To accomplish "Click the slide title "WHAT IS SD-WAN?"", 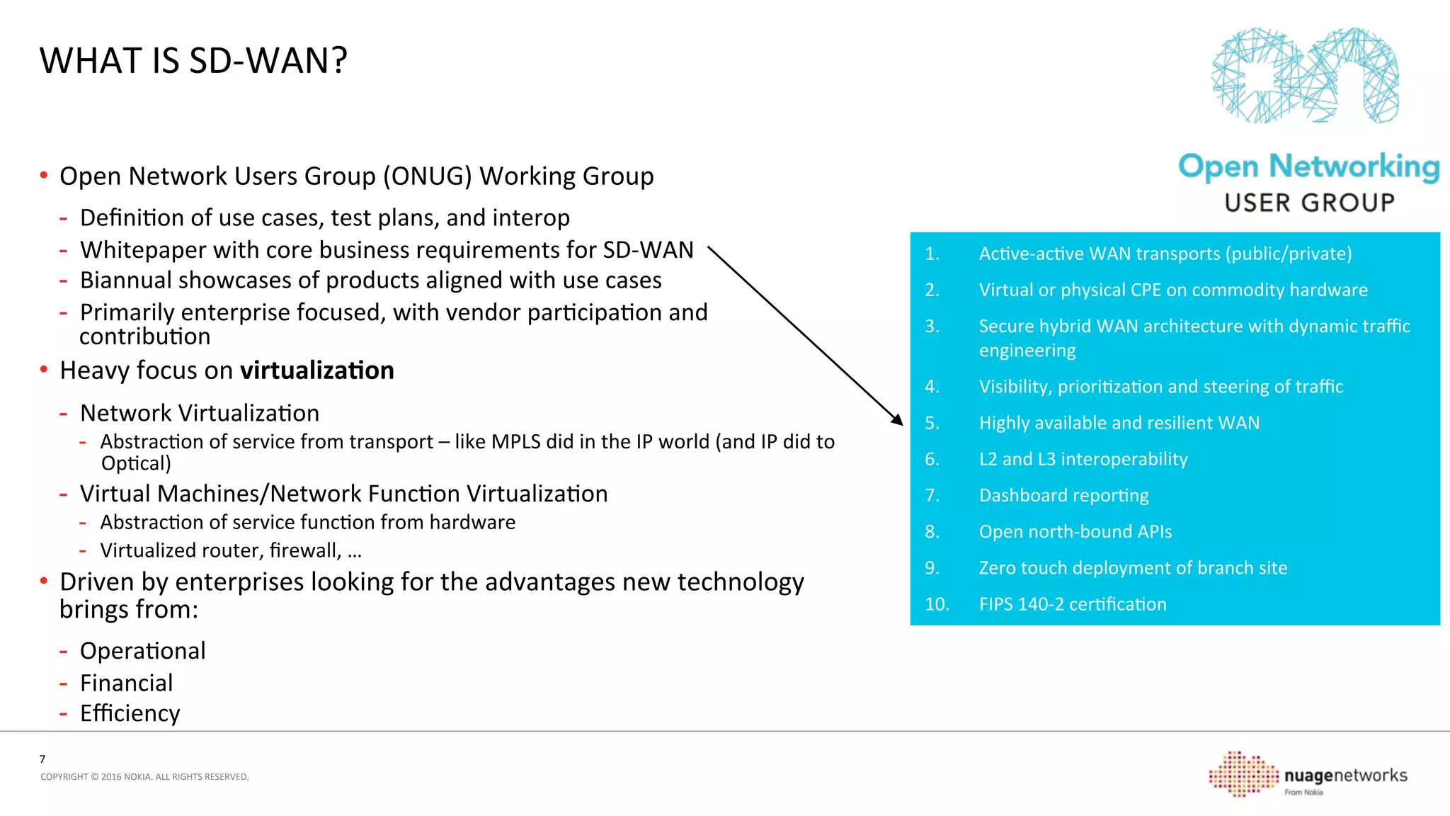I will point(193,61).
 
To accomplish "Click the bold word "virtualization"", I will point(316,370).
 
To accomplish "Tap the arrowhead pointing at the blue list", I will point(898,421).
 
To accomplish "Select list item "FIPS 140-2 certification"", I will point(1072,604).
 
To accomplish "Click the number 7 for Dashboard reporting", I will point(932,496).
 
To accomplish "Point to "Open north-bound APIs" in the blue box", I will point(1075,532).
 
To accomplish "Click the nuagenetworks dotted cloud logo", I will point(1243,773).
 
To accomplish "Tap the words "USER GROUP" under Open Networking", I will point(1309,203).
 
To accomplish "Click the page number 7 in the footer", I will point(42,759).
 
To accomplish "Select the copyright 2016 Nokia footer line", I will point(144,777).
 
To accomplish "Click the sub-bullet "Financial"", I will point(126,683).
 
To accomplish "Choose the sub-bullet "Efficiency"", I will point(130,713).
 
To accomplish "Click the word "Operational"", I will point(142,651).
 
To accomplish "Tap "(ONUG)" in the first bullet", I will point(427,176).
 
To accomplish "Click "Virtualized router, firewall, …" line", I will point(231,550).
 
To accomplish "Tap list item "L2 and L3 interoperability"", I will point(1083,460).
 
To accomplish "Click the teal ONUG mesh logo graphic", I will point(1305,75).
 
